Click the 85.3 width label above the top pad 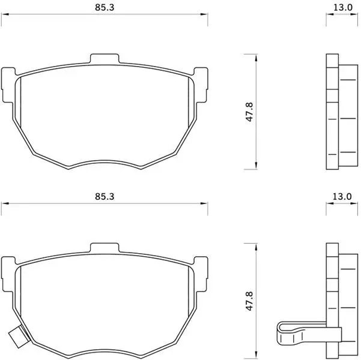[105, 7]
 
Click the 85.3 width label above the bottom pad [105, 196]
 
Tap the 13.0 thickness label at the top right [343, 7]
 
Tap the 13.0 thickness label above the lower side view [342, 196]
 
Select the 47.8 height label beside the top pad [249, 112]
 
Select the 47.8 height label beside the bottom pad [249, 301]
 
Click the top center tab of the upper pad [105, 59]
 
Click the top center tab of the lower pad [105, 248]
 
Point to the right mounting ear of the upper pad [201, 85]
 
